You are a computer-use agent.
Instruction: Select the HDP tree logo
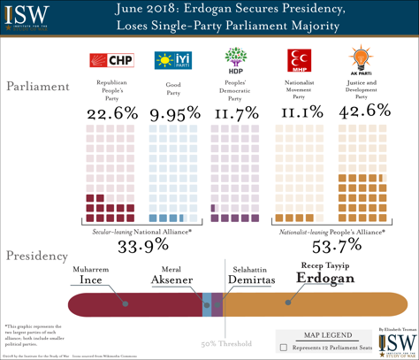(234, 60)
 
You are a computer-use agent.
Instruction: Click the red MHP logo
(297, 60)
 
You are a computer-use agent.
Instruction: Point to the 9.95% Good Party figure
(173, 112)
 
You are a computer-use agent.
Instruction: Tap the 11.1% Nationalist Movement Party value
(299, 112)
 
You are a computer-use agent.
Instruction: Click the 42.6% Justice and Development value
(362, 112)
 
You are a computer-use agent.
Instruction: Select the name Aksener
(178, 280)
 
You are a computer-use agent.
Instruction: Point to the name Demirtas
(248, 280)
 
